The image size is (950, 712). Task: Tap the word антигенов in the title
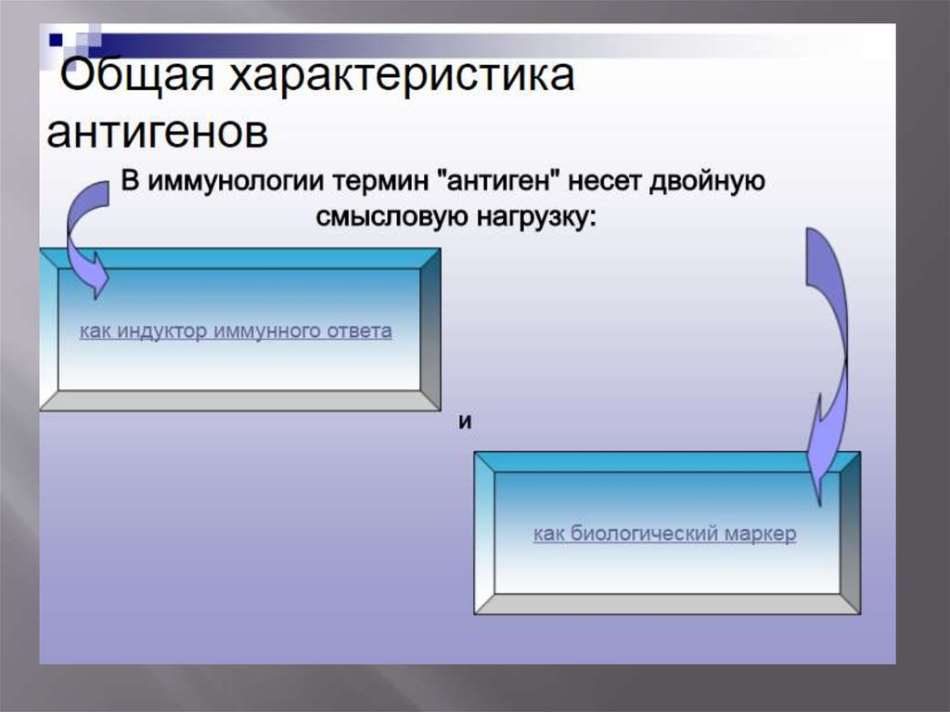[159, 132]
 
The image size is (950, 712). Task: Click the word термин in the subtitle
[380, 182]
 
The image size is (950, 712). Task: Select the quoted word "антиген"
[496, 182]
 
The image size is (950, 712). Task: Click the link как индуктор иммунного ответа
[236, 331]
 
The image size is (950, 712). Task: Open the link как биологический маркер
[664, 535]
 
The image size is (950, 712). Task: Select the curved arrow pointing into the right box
[825, 362]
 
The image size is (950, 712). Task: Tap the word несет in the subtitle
[597, 182]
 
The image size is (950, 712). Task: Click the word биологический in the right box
[637, 535]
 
